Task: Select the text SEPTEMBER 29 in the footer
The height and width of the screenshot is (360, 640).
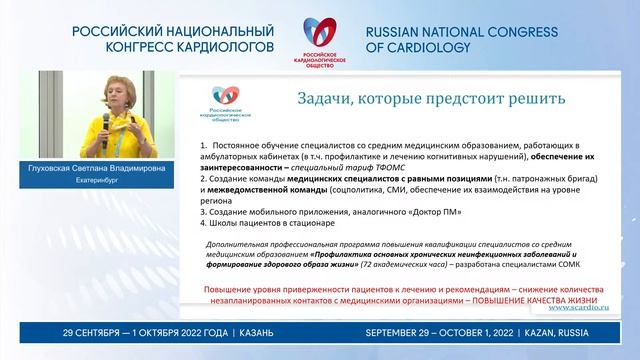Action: tap(403, 331)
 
